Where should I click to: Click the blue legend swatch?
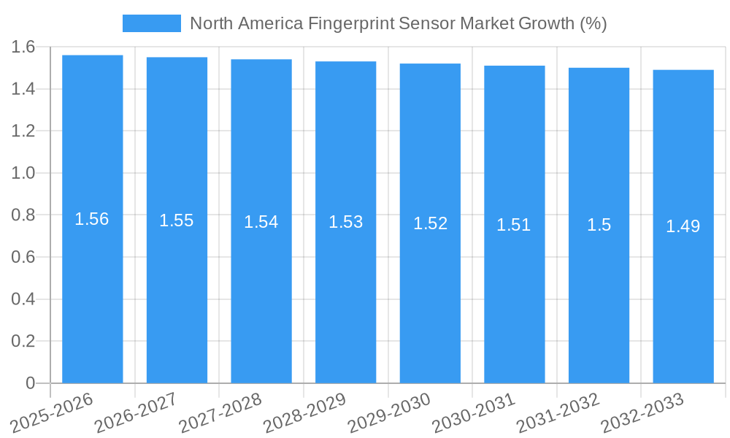click(x=151, y=23)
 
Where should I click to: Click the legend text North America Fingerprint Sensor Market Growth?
click(x=398, y=23)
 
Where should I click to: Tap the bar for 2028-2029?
click(x=345, y=292)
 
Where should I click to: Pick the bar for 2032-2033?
click(x=683, y=292)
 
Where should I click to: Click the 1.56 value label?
click(x=92, y=219)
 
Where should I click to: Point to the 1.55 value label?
click(x=177, y=220)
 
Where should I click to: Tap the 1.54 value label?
click(x=261, y=222)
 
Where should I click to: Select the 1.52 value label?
click(x=430, y=223)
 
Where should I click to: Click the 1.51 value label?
click(x=514, y=225)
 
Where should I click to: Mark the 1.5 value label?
click(x=599, y=226)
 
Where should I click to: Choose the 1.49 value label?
click(x=683, y=226)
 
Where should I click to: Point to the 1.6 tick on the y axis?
click(x=24, y=47)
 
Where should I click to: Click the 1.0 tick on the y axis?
click(x=24, y=173)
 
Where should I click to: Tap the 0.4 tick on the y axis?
click(x=24, y=299)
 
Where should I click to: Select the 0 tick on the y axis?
click(x=30, y=383)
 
